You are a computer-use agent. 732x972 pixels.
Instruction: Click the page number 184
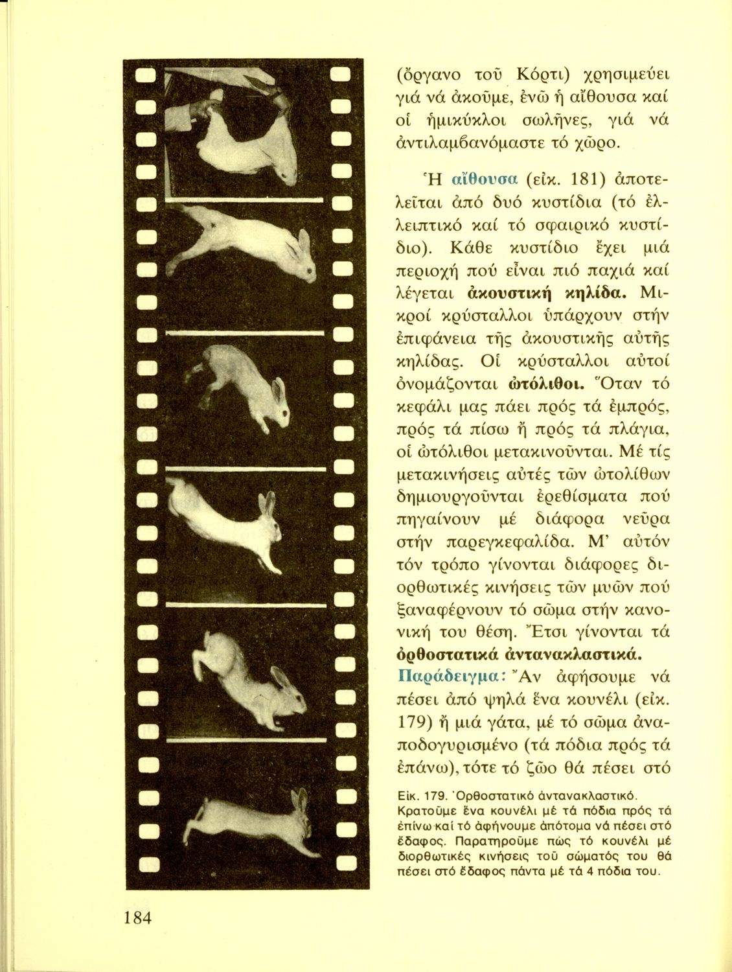pos(135,918)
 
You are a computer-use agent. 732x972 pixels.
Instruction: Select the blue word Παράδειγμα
pos(446,675)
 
